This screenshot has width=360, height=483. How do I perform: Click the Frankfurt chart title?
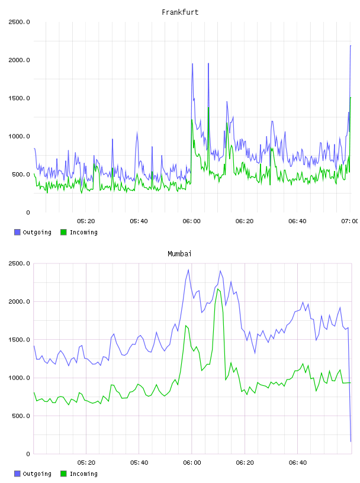pyautogui.click(x=180, y=12)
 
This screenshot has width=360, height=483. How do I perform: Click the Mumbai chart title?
pyautogui.click(x=179, y=254)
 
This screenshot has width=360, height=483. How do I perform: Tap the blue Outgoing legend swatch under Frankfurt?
pyautogui.click(x=17, y=232)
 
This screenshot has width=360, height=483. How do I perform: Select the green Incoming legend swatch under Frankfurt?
pyautogui.click(x=63, y=232)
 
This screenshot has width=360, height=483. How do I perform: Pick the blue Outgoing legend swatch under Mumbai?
pyautogui.click(x=17, y=474)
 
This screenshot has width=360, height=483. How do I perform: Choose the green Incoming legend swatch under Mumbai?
pyautogui.click(x=63, y=474)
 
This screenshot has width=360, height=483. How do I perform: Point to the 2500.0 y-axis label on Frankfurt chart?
pyautogui.click(x=19, y=22)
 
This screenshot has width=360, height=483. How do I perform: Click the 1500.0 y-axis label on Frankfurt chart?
pyautogui.click(x=19, y=98)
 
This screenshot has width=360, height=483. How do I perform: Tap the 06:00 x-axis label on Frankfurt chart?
pyautogui.click(x=191, y=221)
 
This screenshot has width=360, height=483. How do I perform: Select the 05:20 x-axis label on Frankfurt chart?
pyautogui.click(x=86, y=221)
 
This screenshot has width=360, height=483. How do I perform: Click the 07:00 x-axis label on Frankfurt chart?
pyautogui.click(x=350, y=221)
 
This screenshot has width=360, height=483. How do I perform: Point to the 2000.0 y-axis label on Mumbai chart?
pyautogui.click(x=19, y=301)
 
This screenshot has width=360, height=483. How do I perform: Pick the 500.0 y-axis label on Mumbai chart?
pyautogui.click(x=21, y=416)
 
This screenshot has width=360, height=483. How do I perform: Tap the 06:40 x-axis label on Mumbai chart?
pyautogui.click(x=298, y=463)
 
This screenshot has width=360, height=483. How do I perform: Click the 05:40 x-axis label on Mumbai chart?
pyautogui.click(x=139, y=463)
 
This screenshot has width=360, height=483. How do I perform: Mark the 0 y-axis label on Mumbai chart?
pyautogui.click(x=28, y=454)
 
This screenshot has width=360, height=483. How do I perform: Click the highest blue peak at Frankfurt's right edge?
pyautogui.click(x=351, y=46)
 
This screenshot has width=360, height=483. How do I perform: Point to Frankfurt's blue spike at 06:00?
pyautogui.click(x=192, y=64)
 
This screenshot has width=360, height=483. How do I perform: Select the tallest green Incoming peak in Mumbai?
pyautogui.click(x=218, y=289)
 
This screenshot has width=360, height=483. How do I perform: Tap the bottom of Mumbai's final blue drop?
pyautogui.click(x=351, y=442)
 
